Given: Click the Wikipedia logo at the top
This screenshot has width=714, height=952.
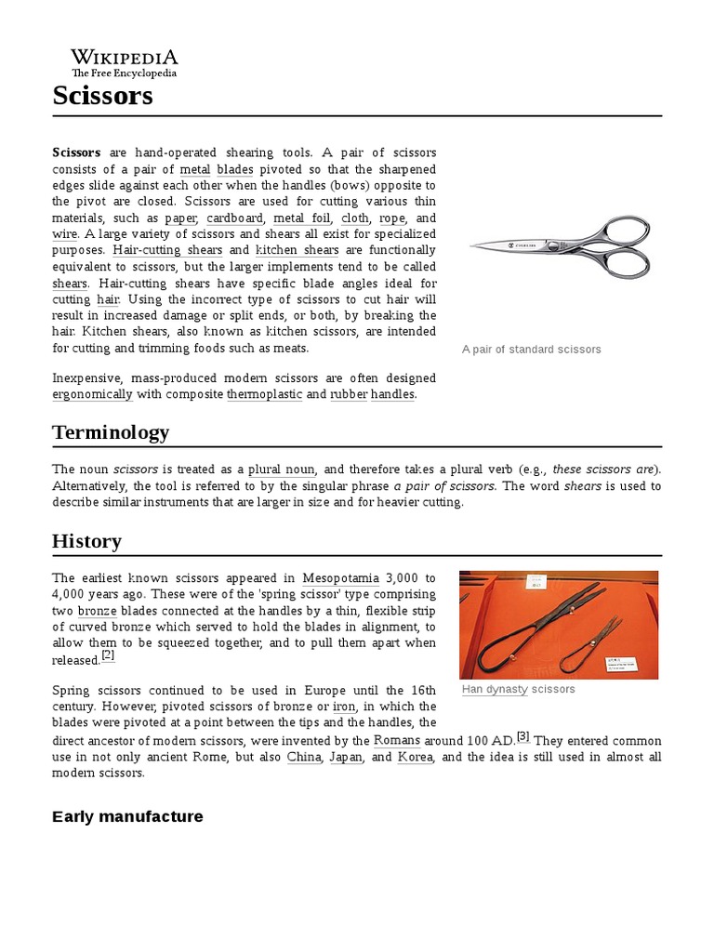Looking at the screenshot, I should [125, 62].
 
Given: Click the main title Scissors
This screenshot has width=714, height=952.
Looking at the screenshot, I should [102, 95].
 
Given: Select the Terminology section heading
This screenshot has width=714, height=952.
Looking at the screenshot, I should [111, 432].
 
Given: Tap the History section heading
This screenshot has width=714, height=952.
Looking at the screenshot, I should [86, 541].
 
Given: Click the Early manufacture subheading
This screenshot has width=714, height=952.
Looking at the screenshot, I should [127, 816].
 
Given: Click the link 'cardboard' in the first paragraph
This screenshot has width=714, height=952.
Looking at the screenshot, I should [236, 218].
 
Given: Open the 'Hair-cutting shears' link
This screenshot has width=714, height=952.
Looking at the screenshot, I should [168, 250].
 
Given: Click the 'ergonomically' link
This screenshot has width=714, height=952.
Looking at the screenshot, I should [92, 394].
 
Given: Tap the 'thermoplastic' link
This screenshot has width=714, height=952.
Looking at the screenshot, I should [264, 394].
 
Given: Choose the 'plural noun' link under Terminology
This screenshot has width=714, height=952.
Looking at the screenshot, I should [282, 469].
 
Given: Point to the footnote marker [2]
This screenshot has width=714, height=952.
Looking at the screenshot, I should [108, 655].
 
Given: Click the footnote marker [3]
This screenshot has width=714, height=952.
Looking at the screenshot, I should [523, 737].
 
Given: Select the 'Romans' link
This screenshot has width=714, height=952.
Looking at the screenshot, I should [397, 741].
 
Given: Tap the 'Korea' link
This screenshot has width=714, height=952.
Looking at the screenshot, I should [414, 758].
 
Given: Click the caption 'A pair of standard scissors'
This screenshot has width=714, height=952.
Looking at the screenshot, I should [531, 350].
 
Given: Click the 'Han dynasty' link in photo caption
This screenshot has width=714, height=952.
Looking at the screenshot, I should [494, 690].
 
